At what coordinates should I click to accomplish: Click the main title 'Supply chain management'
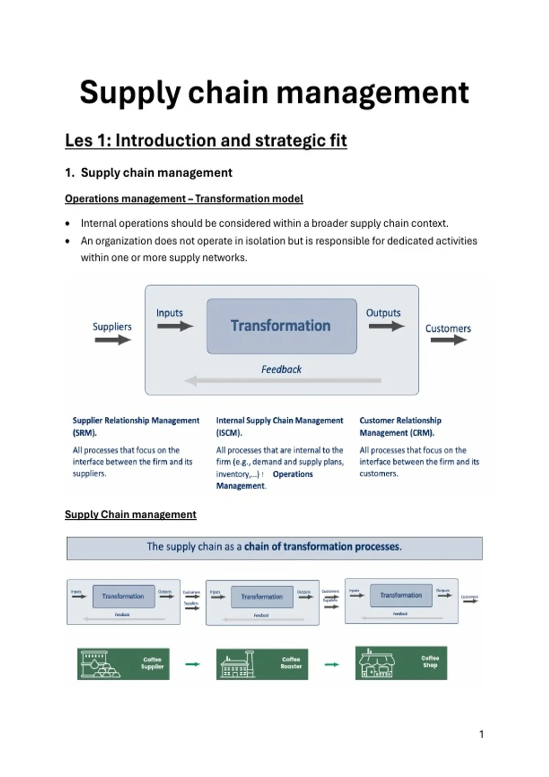274,93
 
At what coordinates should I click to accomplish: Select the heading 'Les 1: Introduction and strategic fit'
206,140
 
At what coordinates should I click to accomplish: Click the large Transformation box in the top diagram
281,326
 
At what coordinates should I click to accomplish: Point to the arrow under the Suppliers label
113,340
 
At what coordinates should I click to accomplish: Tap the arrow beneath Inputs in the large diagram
175,326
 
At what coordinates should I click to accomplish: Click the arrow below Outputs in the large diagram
387,326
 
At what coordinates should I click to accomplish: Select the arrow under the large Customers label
448,340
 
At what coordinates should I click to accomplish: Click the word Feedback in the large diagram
281,369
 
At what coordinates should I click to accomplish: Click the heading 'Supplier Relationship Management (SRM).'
136,426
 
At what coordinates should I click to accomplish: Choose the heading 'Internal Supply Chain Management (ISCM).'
280,426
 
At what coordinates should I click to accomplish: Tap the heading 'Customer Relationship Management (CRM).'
400,426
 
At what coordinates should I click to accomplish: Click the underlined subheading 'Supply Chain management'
130,515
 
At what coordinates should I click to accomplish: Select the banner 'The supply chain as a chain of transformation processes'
274,547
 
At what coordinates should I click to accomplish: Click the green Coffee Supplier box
124,664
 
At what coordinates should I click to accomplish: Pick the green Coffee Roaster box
262,664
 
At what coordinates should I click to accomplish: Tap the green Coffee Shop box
401,663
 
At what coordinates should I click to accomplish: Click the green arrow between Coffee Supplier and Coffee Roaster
193,664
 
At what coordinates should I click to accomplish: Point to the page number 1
481,734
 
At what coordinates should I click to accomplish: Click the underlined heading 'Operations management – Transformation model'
184,199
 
